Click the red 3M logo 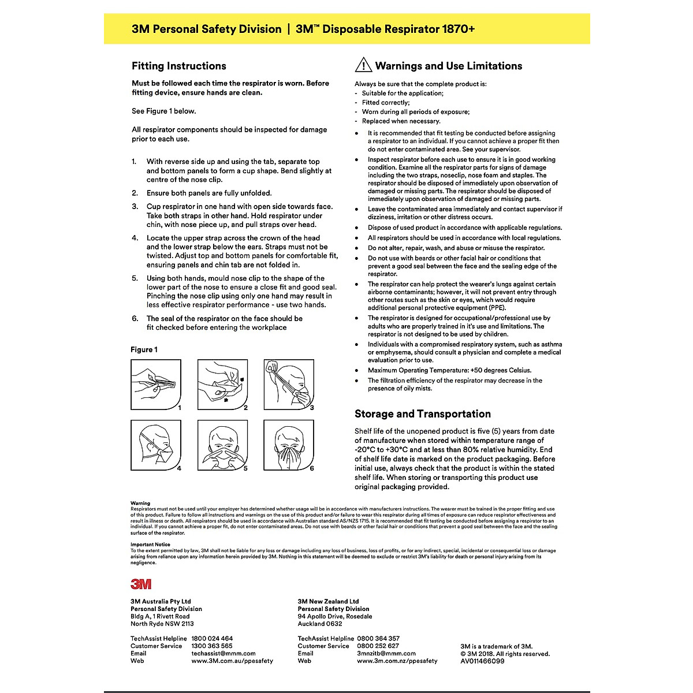(141, 584)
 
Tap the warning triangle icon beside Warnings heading (363, 65)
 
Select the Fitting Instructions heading (178, 66)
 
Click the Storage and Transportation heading (422, 413)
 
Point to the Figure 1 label (144, 349)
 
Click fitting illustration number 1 (156, 385)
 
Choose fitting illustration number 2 (222, 385)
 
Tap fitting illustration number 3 (289, 385)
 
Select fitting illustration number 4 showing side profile (156, 445)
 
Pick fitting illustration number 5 (222, 445)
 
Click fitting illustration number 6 (289, 445)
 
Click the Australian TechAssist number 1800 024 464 (212, 639)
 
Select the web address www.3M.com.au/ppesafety (232, 661)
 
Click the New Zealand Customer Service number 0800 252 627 (378, 646)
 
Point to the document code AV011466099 (482, 661)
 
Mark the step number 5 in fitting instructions (135, 278)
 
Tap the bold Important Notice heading (150, 545)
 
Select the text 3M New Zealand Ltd (328, 601)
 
